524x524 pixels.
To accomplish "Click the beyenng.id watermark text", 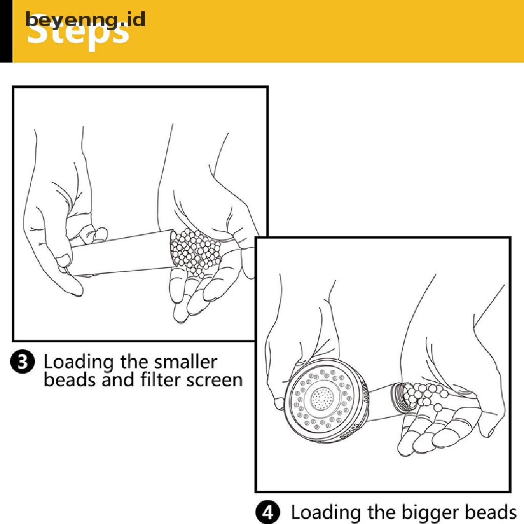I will click(85, 19).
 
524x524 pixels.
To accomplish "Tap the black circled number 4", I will click(268, 512).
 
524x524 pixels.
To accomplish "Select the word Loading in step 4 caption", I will click(325, 512).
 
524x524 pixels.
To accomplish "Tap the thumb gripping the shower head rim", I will click(279, 402).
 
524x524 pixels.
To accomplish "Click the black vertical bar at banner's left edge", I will click(6, 31).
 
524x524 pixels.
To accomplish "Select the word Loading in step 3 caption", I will click(78, 363).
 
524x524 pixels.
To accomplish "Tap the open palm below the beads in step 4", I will click(435, 430).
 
